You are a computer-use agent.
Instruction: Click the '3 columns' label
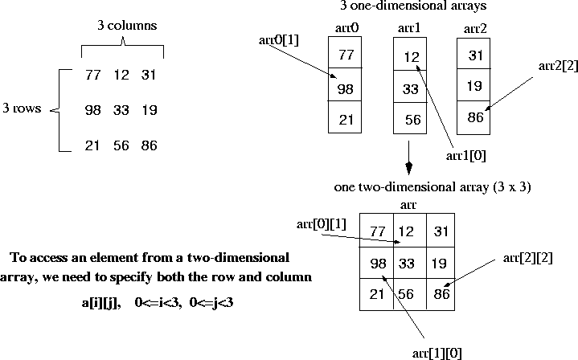(122, 25)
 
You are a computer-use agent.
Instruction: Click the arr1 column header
(409, 29)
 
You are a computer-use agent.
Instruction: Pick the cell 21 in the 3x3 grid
(376, 293)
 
